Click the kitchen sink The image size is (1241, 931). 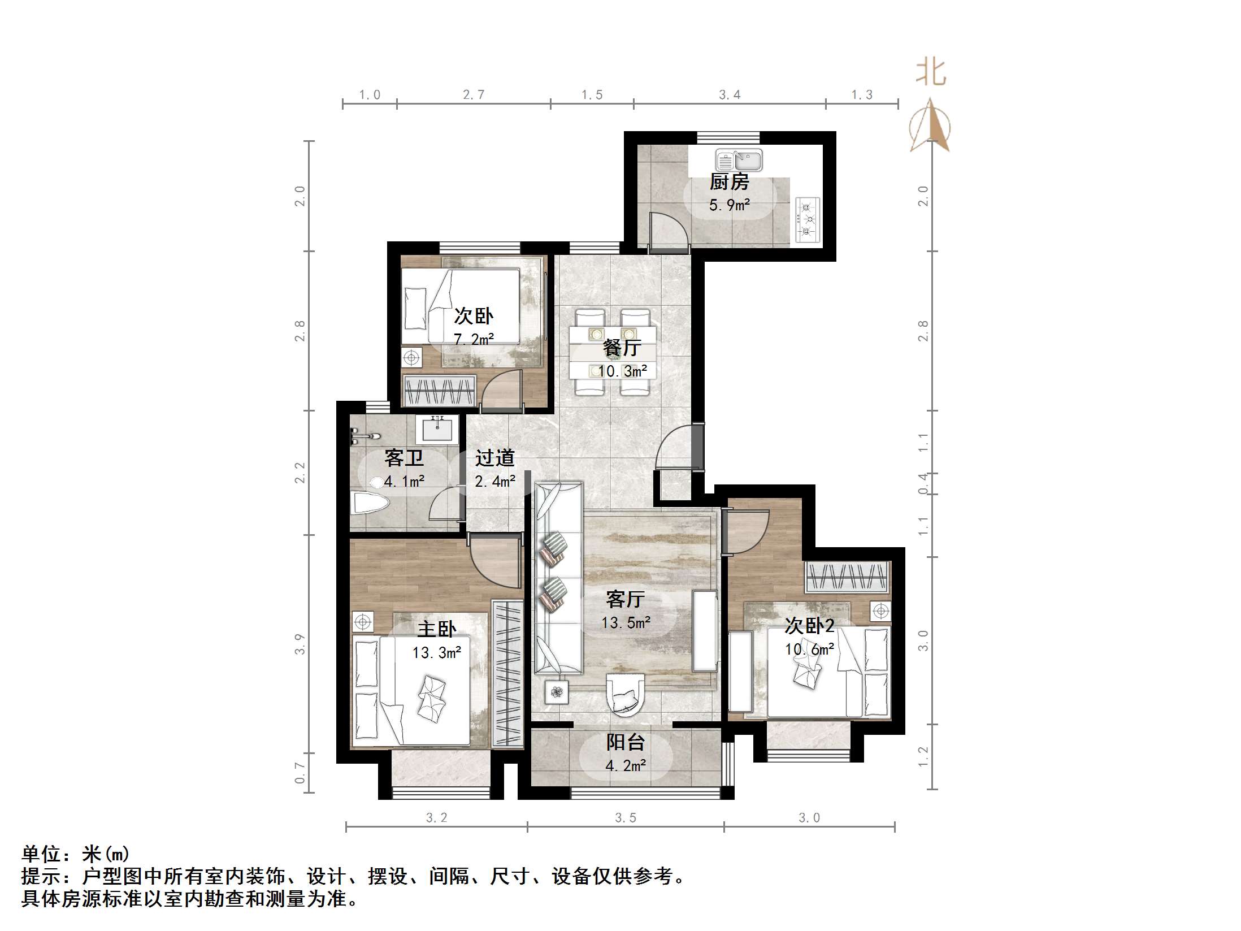pos(739,161)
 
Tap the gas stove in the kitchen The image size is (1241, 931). pos(808,219)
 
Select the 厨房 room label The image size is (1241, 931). pos(729,182)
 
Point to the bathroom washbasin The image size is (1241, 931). pos(437,430)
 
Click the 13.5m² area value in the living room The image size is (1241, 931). pos(626,623)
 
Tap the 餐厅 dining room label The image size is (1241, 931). pos(622,347)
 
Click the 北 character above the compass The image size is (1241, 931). pos(930,73)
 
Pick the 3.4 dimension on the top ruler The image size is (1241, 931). pos(729,95)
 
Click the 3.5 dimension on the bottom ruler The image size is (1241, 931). pos(625,818)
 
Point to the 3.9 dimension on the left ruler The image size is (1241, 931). pos(300,644)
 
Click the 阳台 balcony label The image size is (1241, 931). pos(625,742)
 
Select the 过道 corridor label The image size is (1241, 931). pos(494,457)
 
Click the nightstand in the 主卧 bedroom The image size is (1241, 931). pos(363,622)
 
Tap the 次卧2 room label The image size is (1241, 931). pos(809,625)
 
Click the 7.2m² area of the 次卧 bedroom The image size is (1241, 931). pos(474,339)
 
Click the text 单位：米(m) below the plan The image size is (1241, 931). pos(76,854)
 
